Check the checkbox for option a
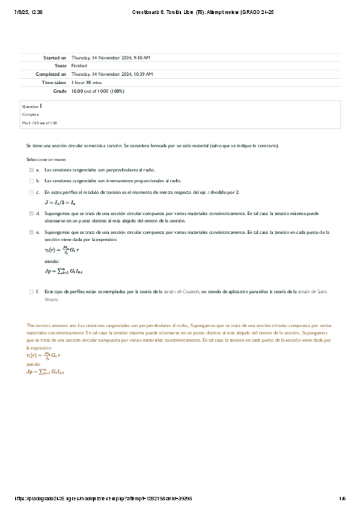pos(31,170)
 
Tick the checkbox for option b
pos(31,180)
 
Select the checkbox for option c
pos(31,192)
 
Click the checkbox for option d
pos(31,213)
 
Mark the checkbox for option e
pos(31,231)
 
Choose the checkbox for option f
pos(31,291)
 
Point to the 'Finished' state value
pos(79,66)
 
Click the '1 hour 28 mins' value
pos(86,82)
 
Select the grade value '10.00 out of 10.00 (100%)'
pos(97,91)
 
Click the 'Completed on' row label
pos(52,74)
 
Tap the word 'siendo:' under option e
pos(52,262)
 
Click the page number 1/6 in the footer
pos(342,498)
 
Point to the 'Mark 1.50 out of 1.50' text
pos(39,122)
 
